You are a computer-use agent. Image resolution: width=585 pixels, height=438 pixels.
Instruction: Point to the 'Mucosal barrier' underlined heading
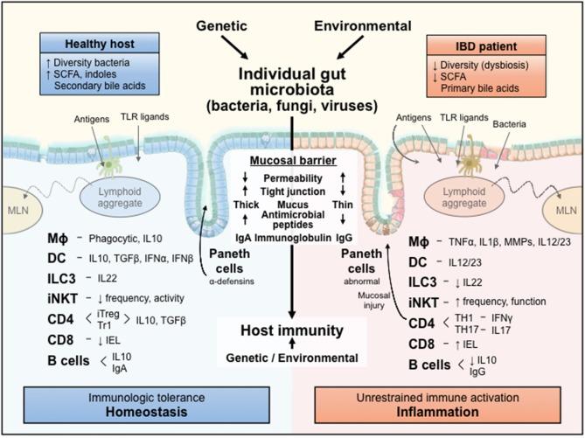(292, 162)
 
